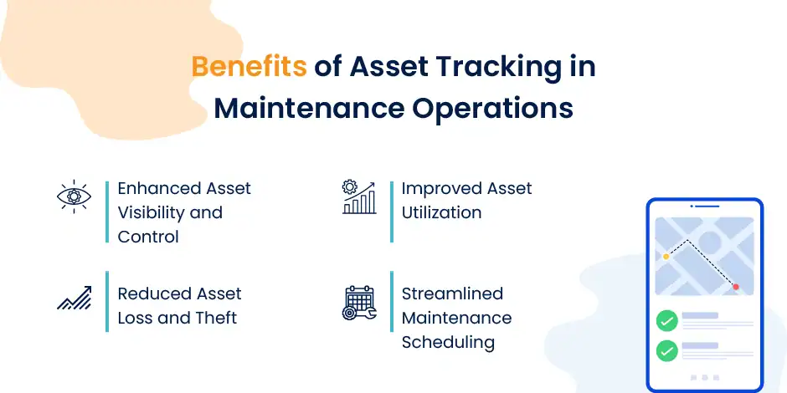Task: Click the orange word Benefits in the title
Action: pyautogui.click(x=249, y=67)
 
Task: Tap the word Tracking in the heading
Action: pyautogui.click(x=495, y=67)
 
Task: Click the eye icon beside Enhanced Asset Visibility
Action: pyautogui.click(x=73, y=197)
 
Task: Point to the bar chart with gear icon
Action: pyautogui.click(x=359, y=197)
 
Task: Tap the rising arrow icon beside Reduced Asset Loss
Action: pyautogui.click(x=74, y=299)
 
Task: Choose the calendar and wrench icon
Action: pyautogui.click(x=360, y=302)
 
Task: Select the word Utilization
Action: pyautogui.click(x=441, y=212)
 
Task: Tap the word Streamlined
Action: pyautogui.click(x=452, y=293)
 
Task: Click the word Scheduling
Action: pyautogui.click(x=448, y=342)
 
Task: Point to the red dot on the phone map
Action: pyautogui.click(x=736, y=287)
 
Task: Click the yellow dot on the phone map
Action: pyautogui.click(x=666, y=257)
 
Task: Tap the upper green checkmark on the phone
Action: pyautogui.click(x=666, y=320)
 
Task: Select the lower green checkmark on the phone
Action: pyautogui.click(x=666, y=351)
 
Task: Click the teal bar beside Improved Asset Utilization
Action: pyautogui.click(x=391, y=212)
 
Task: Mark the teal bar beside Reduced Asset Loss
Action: pyautogui.click(x=107, y=301)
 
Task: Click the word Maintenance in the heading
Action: pyautogui.click(x=289, y=110)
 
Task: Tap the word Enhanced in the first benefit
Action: pyautogui.click(x=160, y=188)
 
